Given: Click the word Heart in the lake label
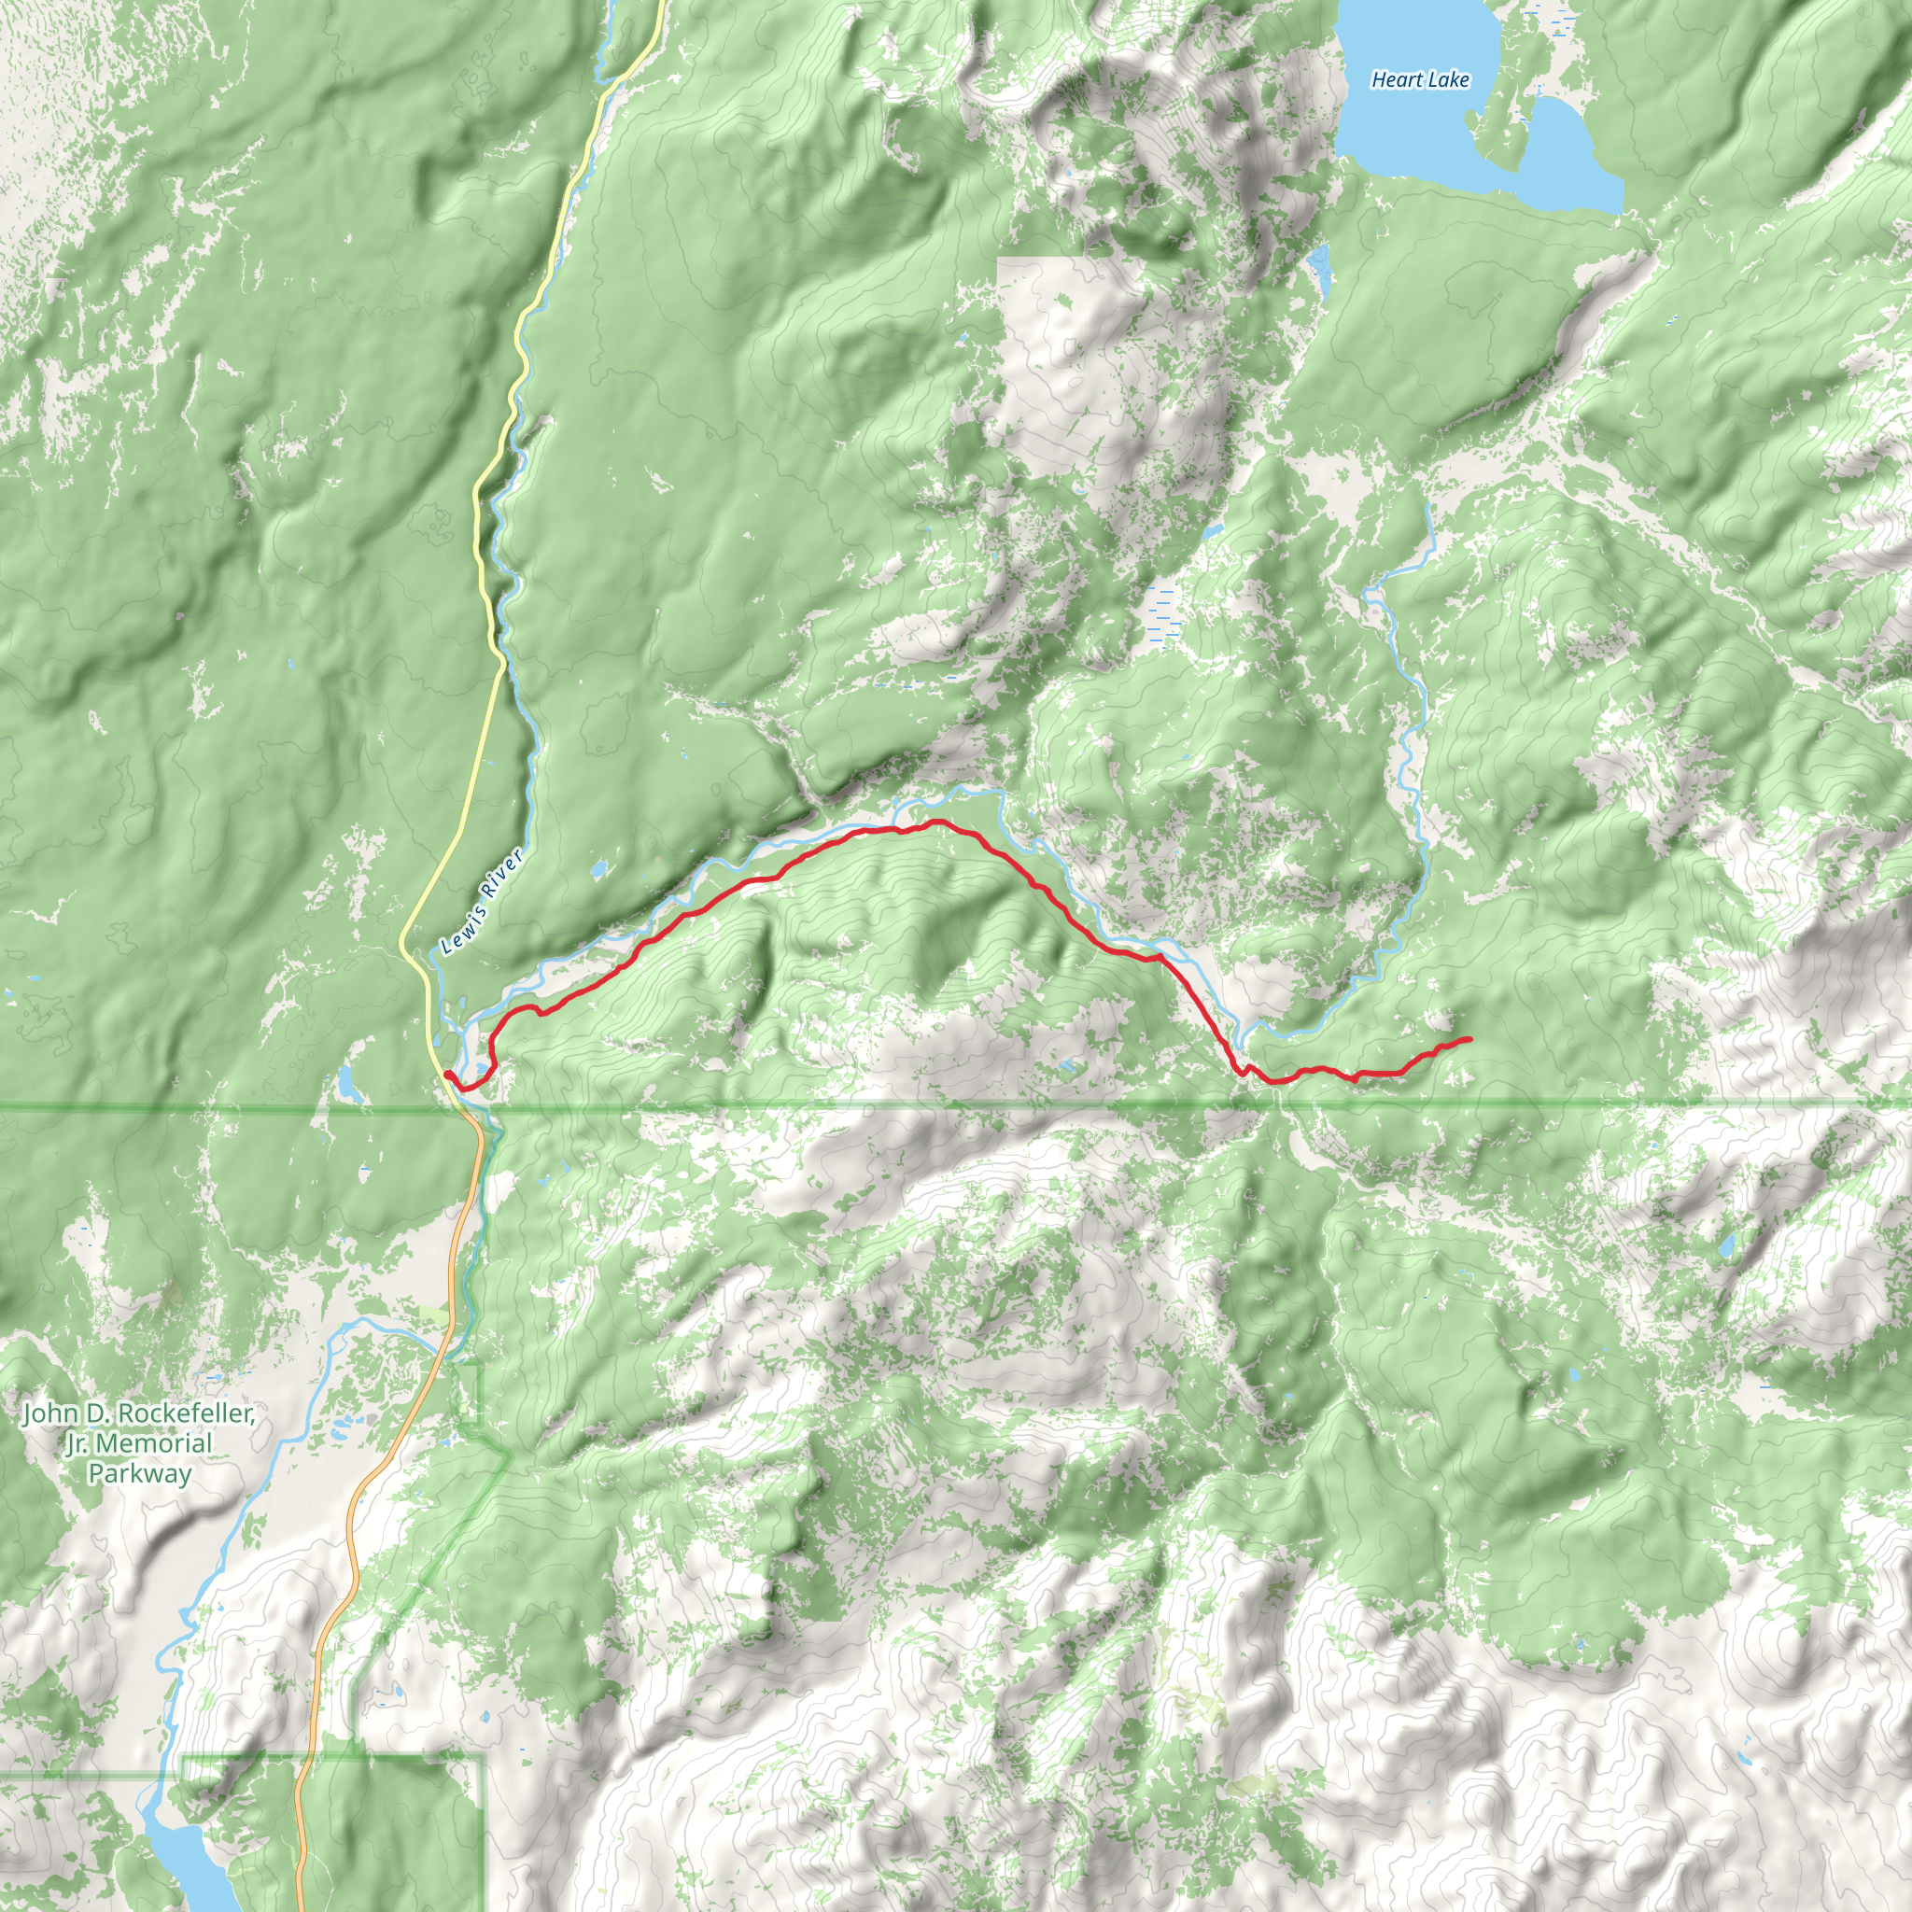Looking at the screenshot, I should click(1398, 80).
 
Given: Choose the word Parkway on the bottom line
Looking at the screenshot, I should click(139, 1473).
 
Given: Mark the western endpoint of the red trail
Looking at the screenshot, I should click(447, 1074).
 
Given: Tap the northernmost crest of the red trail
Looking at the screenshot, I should click(934, 822).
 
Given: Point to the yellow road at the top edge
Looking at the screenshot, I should click(656, 10).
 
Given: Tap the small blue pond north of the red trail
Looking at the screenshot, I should click(597, 871).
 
